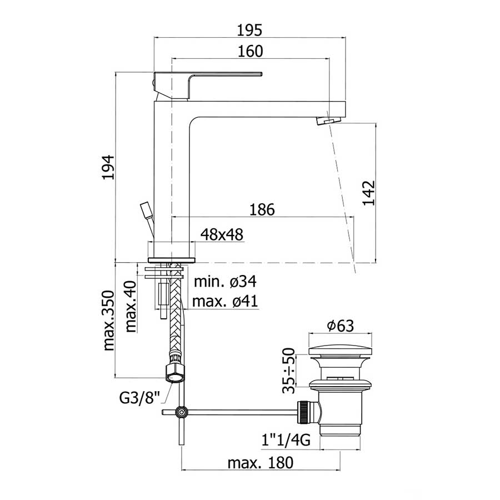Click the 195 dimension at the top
pyautogui.click(x=250, y=29)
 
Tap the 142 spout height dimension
pyautogui.click(x=369, y=192)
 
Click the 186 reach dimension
pyautogui.click(x=262, y=209)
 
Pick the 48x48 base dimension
pyautogui.click(x=222, y=234)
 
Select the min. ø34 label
pyautogui.click(x=224, y=282)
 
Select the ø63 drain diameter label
pyautogui.click(x=340, y=326)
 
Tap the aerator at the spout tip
pyautogui.click(x=327, y=121)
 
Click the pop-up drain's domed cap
pyautogui.click(x=340, y=351)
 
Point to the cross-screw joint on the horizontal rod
pyautogui.click(x=182, y=412)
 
